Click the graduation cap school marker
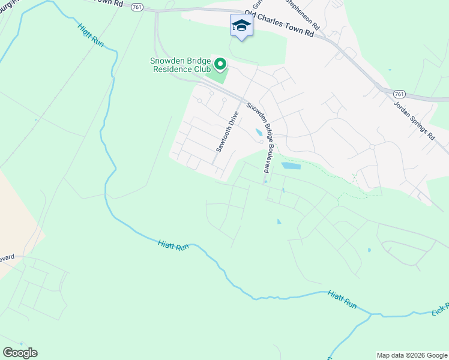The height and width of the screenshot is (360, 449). point(241,26)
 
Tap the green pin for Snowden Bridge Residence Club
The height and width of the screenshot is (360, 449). point(220,64)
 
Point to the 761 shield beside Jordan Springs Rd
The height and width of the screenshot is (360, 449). point(400,95)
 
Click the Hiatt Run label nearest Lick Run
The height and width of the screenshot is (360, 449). point(342,299)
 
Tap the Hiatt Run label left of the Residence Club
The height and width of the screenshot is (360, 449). point(91,37)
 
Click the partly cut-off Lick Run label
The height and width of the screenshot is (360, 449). point(441,307)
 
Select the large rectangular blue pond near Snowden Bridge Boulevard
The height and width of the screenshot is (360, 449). point(291,166)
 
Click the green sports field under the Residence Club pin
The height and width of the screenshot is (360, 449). point(217,77)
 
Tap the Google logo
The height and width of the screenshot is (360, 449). point(20,353)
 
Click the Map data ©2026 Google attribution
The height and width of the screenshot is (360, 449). point(412,355)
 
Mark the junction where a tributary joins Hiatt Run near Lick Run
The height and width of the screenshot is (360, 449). point(372,314)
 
